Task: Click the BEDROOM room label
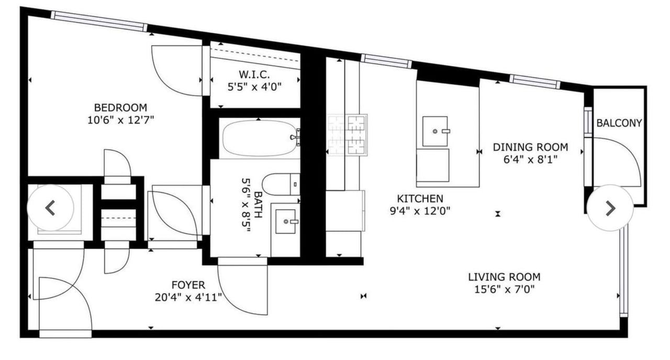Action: tap(120, 108)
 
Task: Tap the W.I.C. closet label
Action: tap(254, 74)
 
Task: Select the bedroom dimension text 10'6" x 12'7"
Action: tap(120, 120)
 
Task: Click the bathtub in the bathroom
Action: tap(259, 138)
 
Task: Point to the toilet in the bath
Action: tap(281, 184)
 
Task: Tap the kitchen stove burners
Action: tap(347, 135)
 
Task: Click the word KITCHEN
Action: tap(420, 198)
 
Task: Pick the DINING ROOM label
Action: tap(530, 147)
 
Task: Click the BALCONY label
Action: tap(619, 123)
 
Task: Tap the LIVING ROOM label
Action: tap(504, 277)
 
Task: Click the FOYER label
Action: tap(188, 285)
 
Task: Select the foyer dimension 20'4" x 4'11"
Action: tap(188, 298)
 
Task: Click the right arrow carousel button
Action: tap(610, 208)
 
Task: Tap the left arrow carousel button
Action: tap(50, 208)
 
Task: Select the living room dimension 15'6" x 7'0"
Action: tap(504, 289)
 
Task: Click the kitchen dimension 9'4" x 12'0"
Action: tap(420, 211)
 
